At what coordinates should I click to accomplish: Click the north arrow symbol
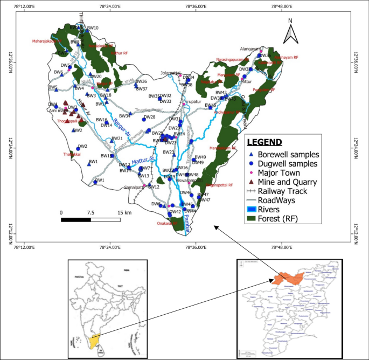coord(291,31)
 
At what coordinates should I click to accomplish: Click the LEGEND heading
coord(264,143)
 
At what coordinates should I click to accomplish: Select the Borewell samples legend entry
coord(286,154)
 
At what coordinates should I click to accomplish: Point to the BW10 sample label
coord(93,28)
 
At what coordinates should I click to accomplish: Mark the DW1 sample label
coord(99,180)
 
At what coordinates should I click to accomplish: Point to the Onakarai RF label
coord(167,224)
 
